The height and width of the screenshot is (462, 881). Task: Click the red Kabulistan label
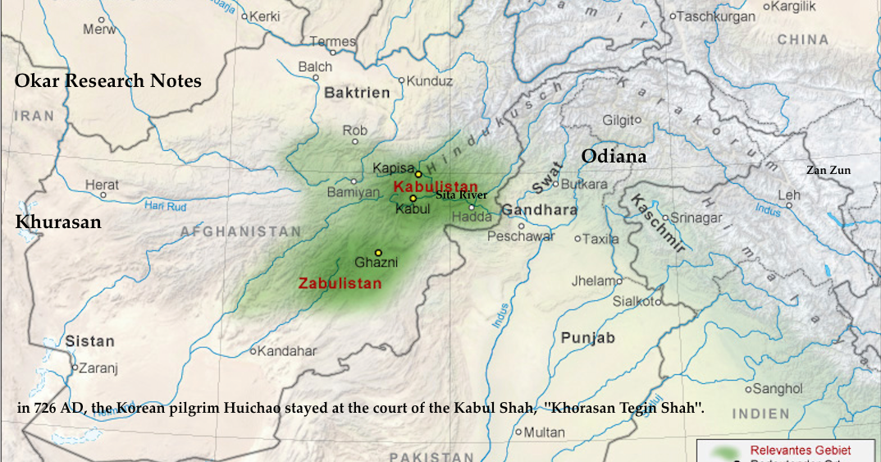click(x=435, y=186)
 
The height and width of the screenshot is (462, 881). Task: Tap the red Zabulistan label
click(x=340, y=283)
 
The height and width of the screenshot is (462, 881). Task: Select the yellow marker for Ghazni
click(x=378, y=253)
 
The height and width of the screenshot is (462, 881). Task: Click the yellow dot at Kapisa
click(x=418, y=174)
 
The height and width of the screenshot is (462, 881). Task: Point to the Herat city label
click(x=102, y=185)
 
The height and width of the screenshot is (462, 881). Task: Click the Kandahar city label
click(x=287, y=350)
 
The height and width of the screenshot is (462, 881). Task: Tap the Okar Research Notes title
click(x=107, y=80)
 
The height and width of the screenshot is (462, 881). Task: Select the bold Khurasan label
click(x=58, y=222)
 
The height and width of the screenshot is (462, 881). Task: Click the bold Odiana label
click(x=614, y=156)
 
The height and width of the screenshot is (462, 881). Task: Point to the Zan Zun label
click(x=828, y=171)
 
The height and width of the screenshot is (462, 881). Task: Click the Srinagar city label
click(x=696, y=217)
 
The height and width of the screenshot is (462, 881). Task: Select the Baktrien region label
click(x=357, y=93)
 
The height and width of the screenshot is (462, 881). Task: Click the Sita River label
click(x=462, y=195)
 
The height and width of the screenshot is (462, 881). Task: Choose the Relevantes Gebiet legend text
click(x=800, y=450)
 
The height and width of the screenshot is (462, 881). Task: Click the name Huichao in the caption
click(x=265, y=408)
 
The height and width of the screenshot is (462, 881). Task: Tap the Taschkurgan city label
click(x=716, y=16)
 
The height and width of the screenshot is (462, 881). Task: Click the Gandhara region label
click(x=539, y=210)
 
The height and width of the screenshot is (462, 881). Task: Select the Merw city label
click(x=98, y=30)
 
